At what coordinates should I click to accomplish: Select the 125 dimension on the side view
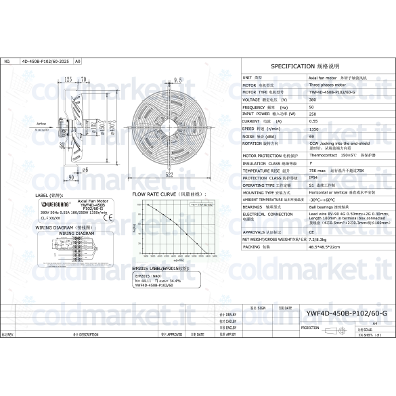coord(68,80)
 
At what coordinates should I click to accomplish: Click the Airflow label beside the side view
coord(41,124)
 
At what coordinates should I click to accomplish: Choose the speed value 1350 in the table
coord(313,128)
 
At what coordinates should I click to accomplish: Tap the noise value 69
coord(311,135)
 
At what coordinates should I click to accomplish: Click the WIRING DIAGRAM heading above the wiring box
coord(58,227)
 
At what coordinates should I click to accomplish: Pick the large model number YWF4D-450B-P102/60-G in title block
coord(347,314)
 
